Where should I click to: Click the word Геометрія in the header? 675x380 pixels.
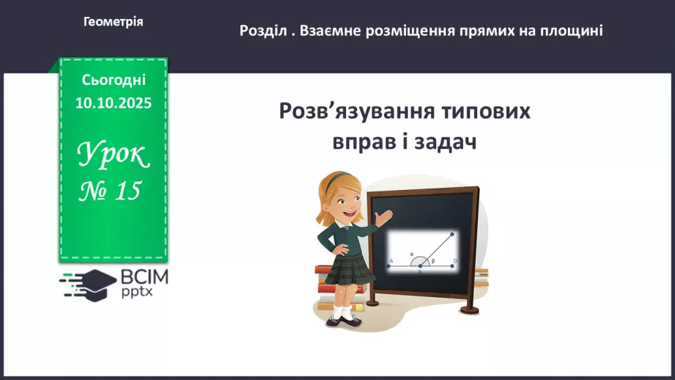[114, 22]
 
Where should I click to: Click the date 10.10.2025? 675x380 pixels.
[114, 103]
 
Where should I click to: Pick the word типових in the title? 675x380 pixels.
[483, 112]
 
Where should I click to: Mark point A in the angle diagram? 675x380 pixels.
[392, 261]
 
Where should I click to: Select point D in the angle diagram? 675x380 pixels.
[454, 261]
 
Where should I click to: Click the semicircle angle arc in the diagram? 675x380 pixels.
[420, 258]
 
